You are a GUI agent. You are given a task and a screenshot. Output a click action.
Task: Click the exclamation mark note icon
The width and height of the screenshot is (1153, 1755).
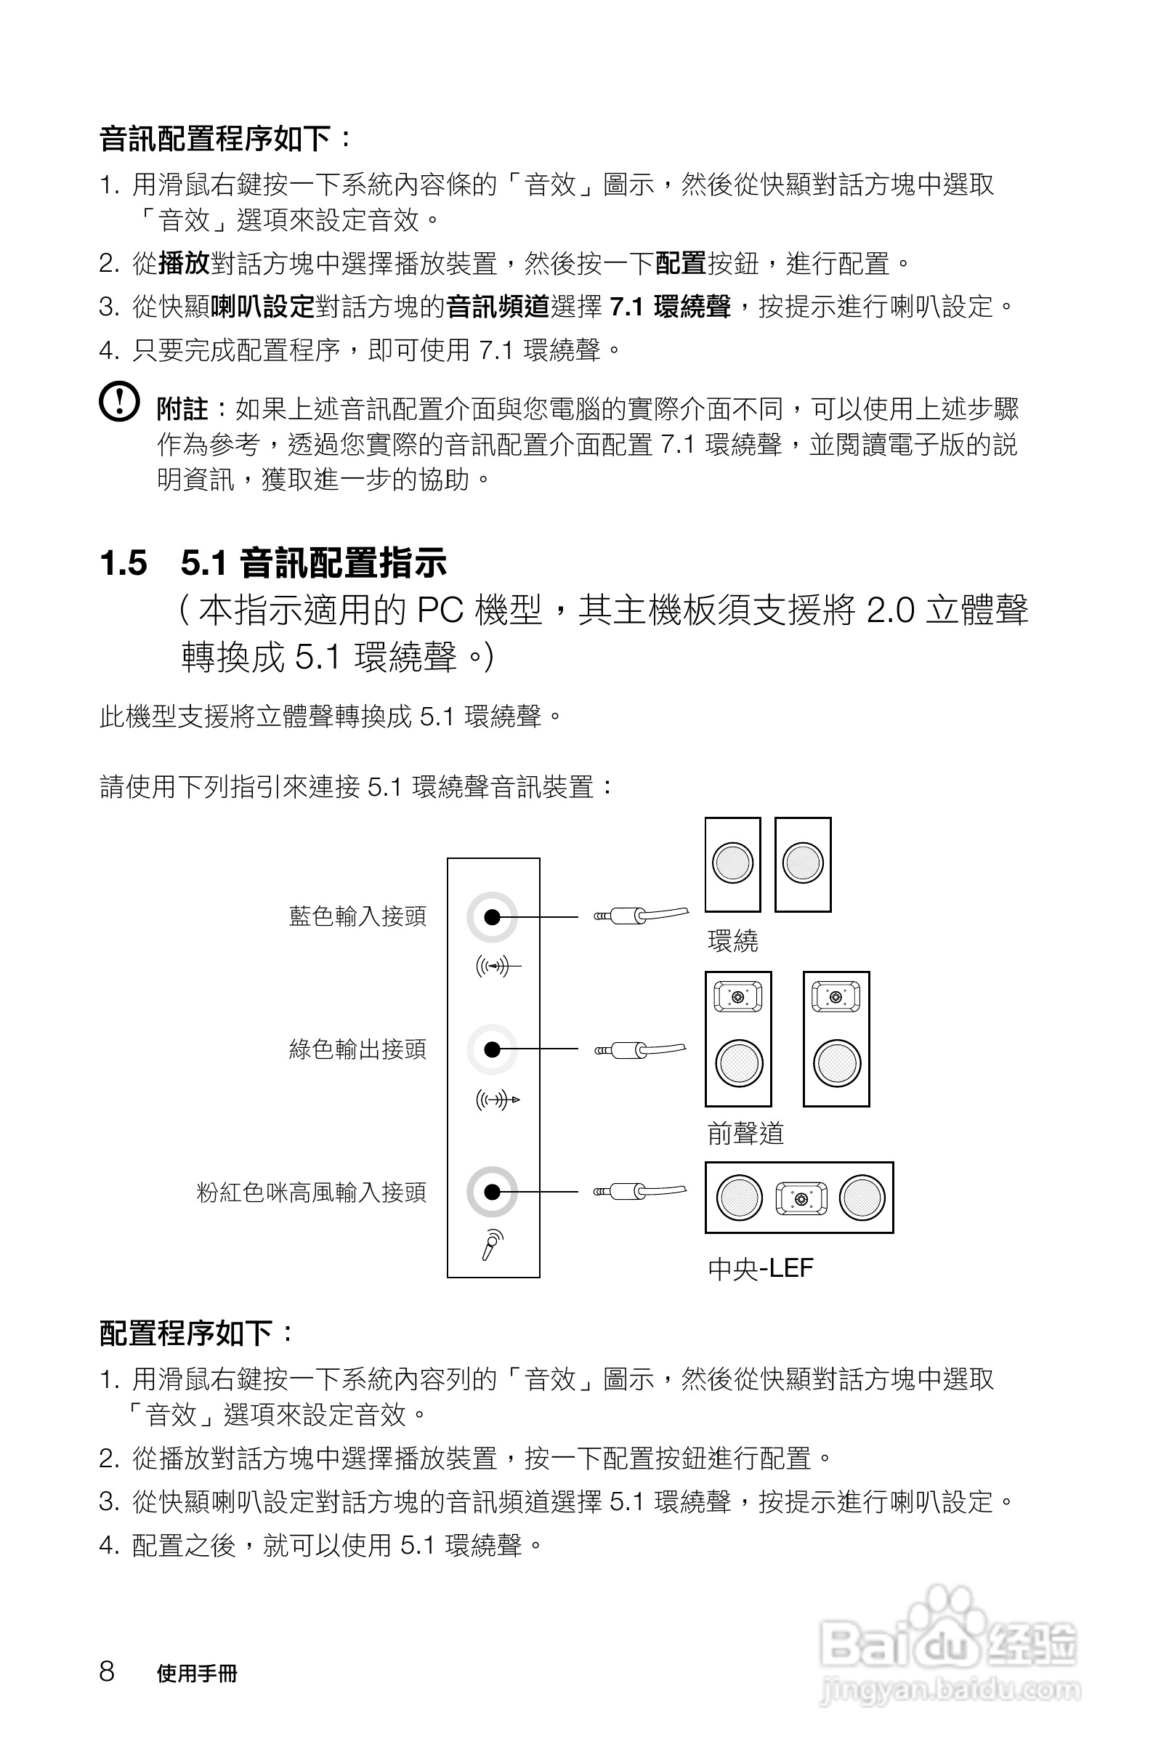tap(119, 402)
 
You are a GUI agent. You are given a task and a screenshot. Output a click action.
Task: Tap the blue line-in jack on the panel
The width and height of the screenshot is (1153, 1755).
tap(492, 916)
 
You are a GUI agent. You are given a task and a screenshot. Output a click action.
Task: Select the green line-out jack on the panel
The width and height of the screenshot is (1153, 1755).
tap(492, 1049)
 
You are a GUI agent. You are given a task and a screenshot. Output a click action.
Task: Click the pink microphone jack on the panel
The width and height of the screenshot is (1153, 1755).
tap(492, 1192)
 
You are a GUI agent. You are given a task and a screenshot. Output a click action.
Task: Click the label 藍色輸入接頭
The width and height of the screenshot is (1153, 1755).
tap(357, 916)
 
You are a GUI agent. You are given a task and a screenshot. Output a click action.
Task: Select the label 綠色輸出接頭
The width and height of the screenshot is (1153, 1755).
tap(357, 1049)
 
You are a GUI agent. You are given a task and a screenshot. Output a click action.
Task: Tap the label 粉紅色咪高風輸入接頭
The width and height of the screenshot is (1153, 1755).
tap(311, 1193)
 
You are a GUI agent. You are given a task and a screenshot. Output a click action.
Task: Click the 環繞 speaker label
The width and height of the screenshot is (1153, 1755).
tap(732, 941)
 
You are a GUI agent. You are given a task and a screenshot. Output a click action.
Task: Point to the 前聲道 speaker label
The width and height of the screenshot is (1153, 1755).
tap(745, 1134)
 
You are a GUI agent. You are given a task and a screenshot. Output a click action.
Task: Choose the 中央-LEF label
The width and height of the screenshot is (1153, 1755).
tap(760, 1268)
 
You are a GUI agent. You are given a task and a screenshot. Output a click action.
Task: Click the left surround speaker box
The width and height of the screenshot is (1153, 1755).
tap(733, 864)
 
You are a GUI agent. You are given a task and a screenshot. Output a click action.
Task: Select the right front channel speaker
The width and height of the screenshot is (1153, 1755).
tap(836, 1039)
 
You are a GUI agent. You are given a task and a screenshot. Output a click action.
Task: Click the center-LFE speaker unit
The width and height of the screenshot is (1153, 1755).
tap(799, 1198)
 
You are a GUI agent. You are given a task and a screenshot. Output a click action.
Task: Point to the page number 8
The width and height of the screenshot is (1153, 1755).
tap(107, 1671)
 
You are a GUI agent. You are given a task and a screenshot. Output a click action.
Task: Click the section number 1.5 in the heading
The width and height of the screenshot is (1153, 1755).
tap(123, 563)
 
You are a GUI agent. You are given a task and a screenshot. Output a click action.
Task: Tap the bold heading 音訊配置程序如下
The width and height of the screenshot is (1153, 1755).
tap(224, 138)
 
